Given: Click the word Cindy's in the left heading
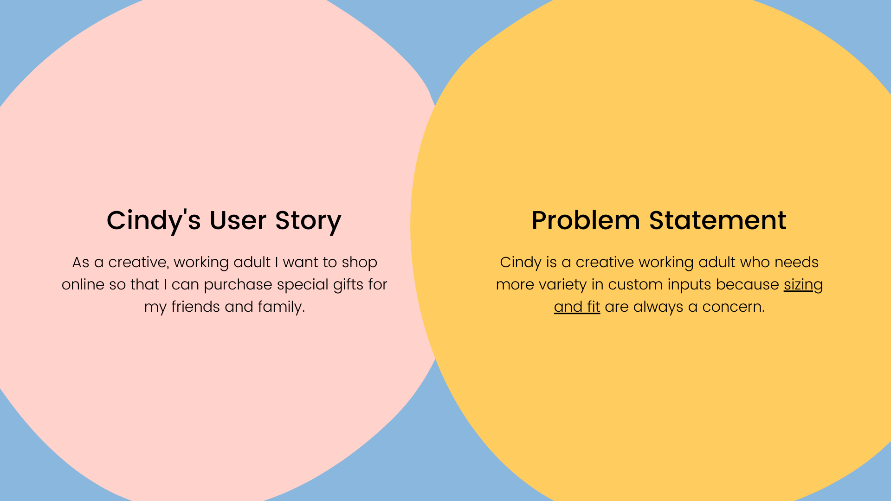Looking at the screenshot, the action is pos(154,221).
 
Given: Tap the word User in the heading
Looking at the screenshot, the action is pos(238,220).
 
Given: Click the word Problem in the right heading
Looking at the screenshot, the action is pos(586,221).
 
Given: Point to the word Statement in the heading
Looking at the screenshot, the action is pos(717,220).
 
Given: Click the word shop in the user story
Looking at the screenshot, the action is pos(359,263).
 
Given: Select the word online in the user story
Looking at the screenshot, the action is pos(83,284).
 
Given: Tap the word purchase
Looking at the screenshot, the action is pos(238,285).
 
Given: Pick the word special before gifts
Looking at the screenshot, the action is pos(303,285).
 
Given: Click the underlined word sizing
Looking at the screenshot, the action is pos(803,285).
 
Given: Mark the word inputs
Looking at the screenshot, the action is pos(689,285).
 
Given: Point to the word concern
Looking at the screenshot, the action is pos(733,308).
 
